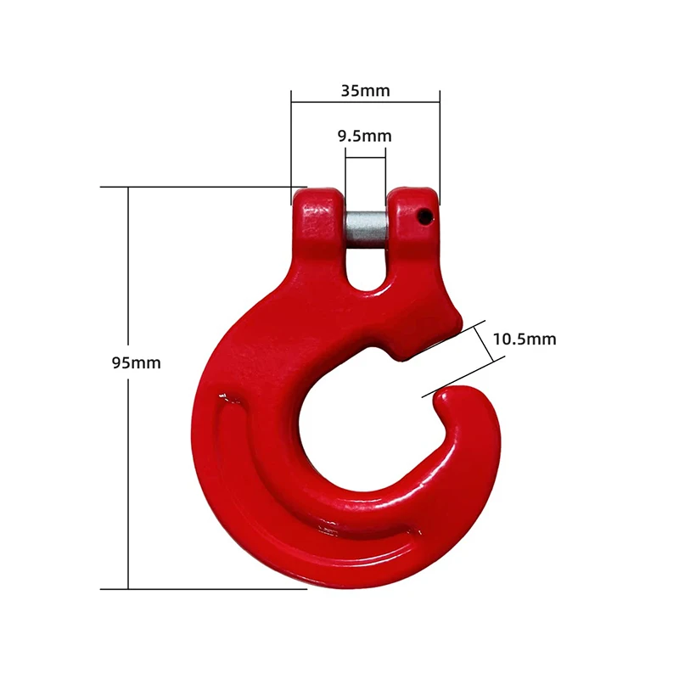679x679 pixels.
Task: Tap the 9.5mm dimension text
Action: point(365,135)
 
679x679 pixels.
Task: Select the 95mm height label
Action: point(136,362)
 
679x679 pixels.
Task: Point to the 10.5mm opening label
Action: point(524,339)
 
